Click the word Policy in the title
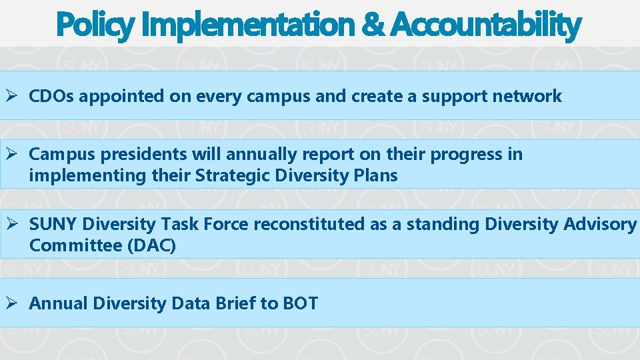point(95,25)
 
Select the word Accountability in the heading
point(486,25)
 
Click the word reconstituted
point(309,225)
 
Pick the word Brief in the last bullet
point(235,303)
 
